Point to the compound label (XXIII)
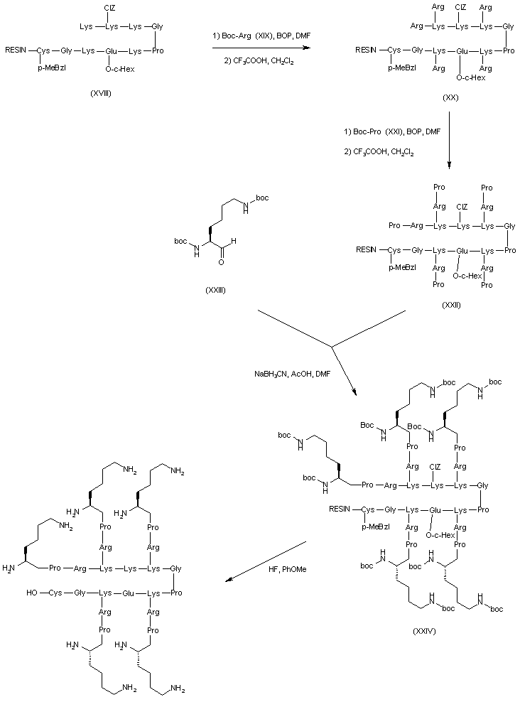pos(213,291)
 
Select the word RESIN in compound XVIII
pos(16,51)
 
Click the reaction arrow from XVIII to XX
pos(261,48)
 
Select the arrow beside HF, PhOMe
pos(266,561)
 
